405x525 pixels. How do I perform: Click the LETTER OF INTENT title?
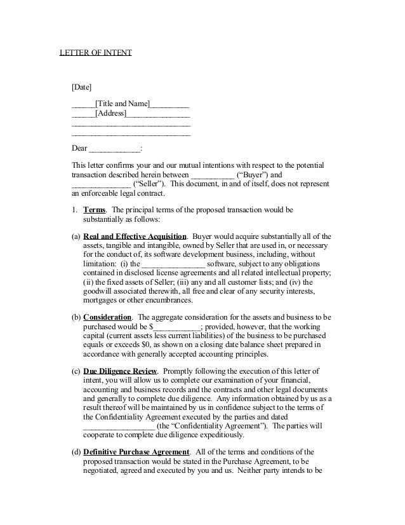click(x=95, y=53)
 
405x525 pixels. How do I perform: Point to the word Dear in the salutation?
click(x=79, y=149)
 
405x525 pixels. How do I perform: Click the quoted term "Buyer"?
click(x=251, y=175)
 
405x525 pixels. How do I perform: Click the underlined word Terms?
click(x=95, y=210)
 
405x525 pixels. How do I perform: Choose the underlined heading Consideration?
click(x=107, y=317)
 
